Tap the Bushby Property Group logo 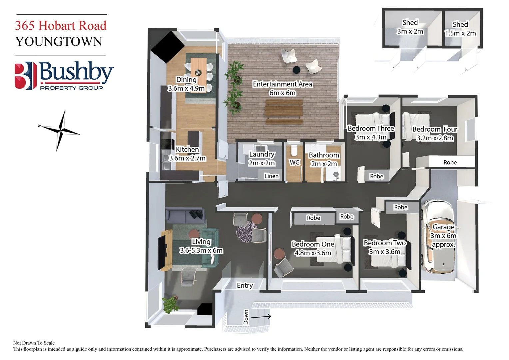(x=64, y=76)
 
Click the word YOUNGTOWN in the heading (x=59, y=42)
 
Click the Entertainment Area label (x=282, y=84)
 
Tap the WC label (x=294, y=162)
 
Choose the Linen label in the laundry (x=271, y=176)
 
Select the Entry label (x=245, y=285)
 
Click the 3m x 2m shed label (x=410, y=31)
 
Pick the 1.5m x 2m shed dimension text (x=460, y=33)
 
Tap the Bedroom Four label (x=435, y=129)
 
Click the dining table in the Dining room (x=199, y=68)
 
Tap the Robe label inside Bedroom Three (x=376, y=176)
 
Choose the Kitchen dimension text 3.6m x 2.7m (x=187, y=158)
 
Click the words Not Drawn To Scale (x=34, y=343)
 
